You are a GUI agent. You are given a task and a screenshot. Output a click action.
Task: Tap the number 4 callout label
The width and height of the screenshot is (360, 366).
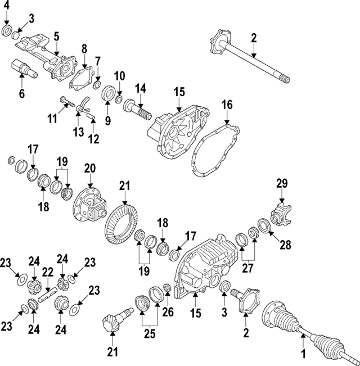pos(6,7)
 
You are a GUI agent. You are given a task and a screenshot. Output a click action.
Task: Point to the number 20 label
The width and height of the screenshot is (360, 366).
pos(90,168)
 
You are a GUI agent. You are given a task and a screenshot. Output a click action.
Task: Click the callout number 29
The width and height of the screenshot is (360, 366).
pos(281,183)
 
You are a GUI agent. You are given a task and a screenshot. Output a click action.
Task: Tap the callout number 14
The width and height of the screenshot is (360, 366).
pos(140,88)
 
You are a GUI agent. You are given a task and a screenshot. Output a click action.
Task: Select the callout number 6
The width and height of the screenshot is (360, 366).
pos(22,94)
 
